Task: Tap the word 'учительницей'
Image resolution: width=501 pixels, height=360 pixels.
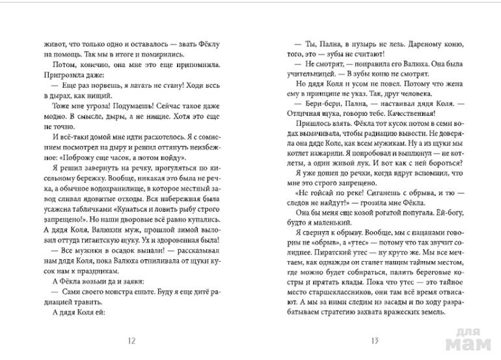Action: (x=303, y=76)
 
